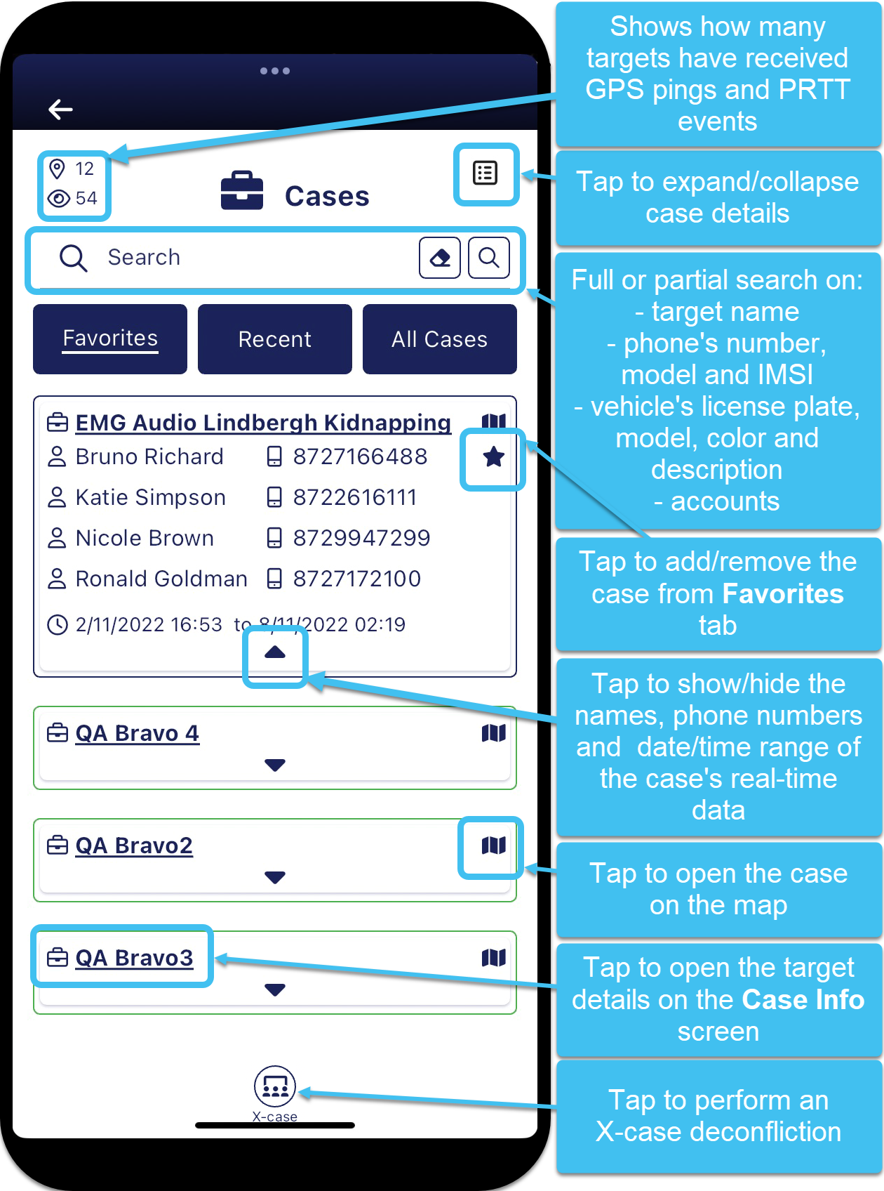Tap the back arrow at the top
pyautogui.click(x=60, y=109)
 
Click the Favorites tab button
pyautogui.click(x=110, y=339)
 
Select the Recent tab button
pyautogui.click(x=274, y=339)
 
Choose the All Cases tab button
pyautogui.click(x=439, y=339)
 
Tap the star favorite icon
pyautogui.click(x=493, y=458)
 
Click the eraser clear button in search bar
pyautogui.click(x=440, y=258)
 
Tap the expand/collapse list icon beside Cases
pyautogui.click(x=485, y=173)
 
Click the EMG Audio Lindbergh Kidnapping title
pyautogui.click(x=263, y=423)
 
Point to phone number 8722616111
pyautogui.click(x=355, y=498)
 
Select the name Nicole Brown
pyautogui.click(x=145, y=539)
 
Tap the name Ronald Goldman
pyautogui.click(x=161, y=579)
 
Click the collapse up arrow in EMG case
pyautogui.click(x=275, y=653)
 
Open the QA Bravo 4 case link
pyautogui.click(x=138, y=734)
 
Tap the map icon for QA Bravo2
pyautogui.click(x=493, y=845)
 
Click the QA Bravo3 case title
pyautogui.click(x=134, y=959)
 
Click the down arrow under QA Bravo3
pyautogui.click(x=275, y=990)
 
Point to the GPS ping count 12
pyautogui.click(x=84, y=169)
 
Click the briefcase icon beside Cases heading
pyautogui.click(x=242, y=191)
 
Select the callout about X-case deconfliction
pyautogui.click(x=718, y=1116)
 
